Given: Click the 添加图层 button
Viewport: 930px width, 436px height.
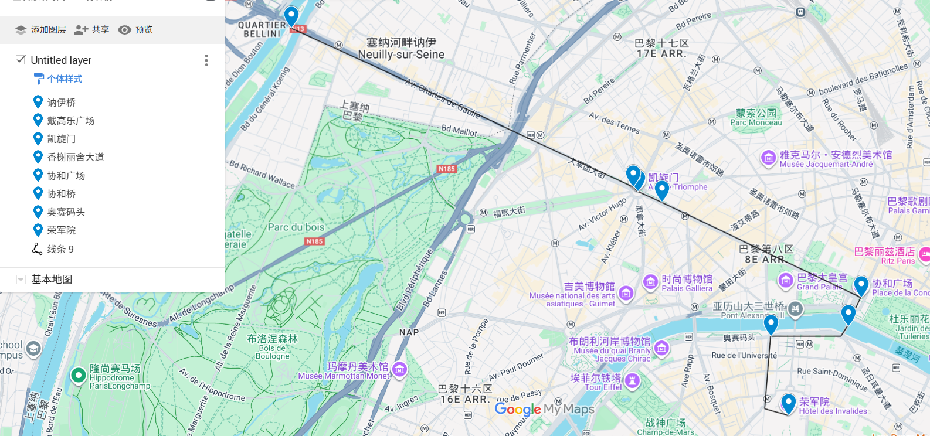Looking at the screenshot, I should tap(40, 30).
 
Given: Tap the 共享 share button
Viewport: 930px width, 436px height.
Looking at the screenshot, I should tap(92, 30).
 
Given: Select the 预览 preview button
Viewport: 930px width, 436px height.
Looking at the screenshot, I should tap(135, 30).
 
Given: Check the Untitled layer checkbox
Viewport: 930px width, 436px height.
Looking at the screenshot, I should tap(21, 60).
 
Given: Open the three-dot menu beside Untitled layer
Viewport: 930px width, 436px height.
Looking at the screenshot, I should tap(206, 60).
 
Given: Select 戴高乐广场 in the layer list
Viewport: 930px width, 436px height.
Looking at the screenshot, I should tap(70, 121).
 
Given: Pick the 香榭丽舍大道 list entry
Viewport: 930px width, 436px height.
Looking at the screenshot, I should tap(75, 157).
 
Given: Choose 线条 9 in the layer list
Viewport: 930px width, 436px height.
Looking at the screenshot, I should tap(60, 249).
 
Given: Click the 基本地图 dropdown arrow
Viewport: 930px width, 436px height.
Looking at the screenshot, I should tap(21, 280).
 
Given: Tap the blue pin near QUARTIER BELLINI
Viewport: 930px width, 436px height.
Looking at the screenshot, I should tap(291, 15).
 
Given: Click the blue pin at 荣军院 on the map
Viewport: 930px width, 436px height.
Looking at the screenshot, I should tap(789, 402).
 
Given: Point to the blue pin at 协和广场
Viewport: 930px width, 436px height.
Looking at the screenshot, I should tap(861, 285).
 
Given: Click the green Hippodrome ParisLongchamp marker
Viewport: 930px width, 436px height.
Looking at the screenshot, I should tap(78, 375).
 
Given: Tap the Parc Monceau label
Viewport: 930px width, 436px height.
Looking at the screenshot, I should tap(756, 117).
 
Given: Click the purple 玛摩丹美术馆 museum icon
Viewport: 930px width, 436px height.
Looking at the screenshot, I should tap(400, 370).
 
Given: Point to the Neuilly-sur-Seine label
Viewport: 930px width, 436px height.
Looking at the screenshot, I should tap(401, 54).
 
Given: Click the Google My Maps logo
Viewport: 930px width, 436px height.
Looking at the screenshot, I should tap(544, 409).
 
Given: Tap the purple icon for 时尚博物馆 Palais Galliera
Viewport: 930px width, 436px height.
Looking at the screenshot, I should tap(650, 282).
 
